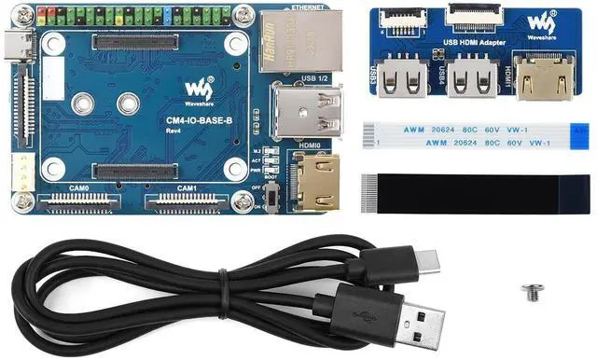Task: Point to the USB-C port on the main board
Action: point(19,47)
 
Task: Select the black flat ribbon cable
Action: point(476,192)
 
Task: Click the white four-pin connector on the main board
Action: point(20,173)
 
